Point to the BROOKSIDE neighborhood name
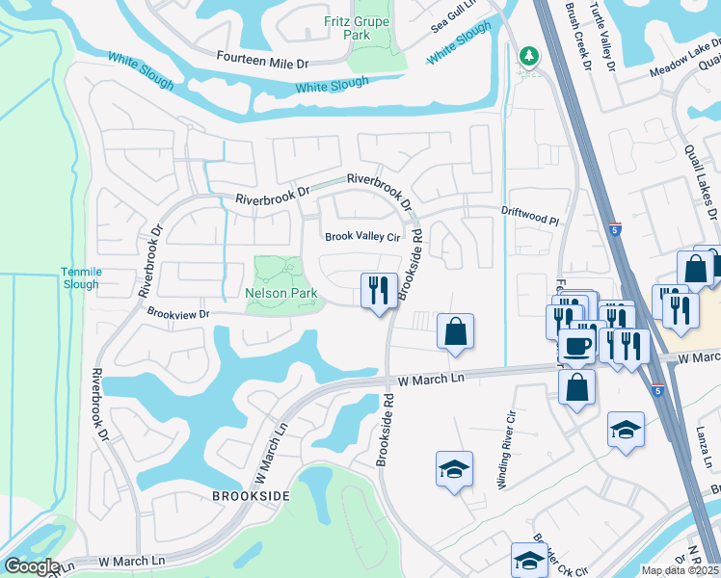click(x=251, y=495)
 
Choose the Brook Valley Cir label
click(x=361, y=236)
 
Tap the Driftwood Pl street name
click(x=529, y=221)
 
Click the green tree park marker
click(x=527, y=57)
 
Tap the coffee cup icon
click(x=578, y=346)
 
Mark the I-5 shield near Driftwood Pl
click(x=615, y=231)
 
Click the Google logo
click(x=32, y=566)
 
